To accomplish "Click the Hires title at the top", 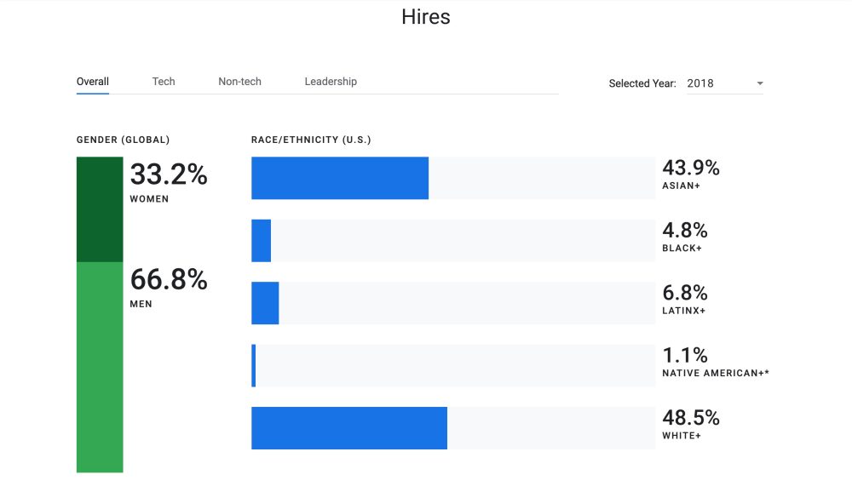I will [x=425, y=17].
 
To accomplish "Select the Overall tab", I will [x=93, y=82].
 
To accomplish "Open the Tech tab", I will [x=164, y=82].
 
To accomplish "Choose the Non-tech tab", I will [x=239, y=82].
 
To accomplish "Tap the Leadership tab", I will [x=331, y=82].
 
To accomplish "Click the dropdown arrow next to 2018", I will [x=759, y=83].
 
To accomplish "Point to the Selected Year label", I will [x=642, y=83].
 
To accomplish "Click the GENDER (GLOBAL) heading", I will [x=123, y=140].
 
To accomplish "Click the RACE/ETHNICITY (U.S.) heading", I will [x=311, y=140].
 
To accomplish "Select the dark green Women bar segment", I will [x=100, y=209].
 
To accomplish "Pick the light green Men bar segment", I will [x=100, y=366].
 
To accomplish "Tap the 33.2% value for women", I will [x=169, y=175].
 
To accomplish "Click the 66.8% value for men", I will [x=169, y=280].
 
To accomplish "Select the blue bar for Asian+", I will [x=339, y=178].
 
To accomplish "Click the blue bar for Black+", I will [x=261, y=240].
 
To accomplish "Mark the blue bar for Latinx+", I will [x=265, y=303].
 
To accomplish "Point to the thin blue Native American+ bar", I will [x=253, y=365].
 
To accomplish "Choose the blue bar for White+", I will [x=348, y=428].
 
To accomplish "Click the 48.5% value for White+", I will [x=691, y=418].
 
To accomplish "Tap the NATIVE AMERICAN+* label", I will [x=715, y=373].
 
